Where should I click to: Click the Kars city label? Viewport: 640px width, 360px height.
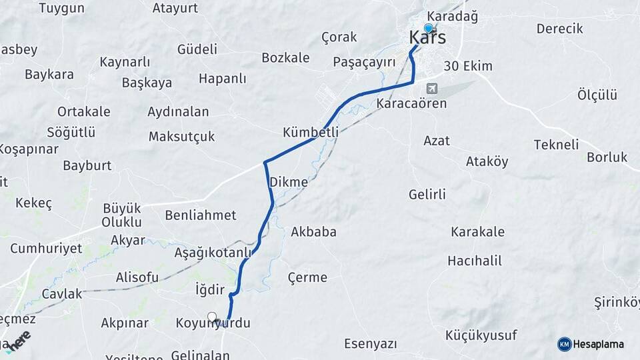click(x=427, y=37)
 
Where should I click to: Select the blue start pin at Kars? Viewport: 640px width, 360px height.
click(x=428, y=29)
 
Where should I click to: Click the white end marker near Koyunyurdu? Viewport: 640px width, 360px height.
click(x=212, y=317)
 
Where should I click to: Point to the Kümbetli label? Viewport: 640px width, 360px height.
click(x=311, y=131)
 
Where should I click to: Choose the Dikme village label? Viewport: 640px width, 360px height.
click(x=289, y=181)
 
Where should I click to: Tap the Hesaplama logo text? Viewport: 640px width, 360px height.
click(x=599, y=344)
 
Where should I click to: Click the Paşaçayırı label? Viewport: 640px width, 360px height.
click(x=364, y=62)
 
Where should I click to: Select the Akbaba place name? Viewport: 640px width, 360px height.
click(x=313, y=232)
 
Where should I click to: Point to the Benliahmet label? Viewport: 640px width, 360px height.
click(x=201, y=215)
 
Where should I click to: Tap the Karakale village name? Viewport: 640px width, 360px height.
click(x=477, y=232)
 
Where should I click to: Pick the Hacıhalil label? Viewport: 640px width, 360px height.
click(x=475, y=260)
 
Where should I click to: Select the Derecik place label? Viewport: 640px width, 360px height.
click(x=559, y=29)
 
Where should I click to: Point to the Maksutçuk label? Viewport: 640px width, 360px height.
click(x=181, y=136)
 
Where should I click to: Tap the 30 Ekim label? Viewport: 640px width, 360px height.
click(x=468, y=66)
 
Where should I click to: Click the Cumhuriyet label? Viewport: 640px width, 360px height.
click(x=46, y=248)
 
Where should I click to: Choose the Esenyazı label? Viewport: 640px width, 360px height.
click(x=371, y=344)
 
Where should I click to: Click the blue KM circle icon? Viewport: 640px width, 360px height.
click(x=565, y=344)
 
